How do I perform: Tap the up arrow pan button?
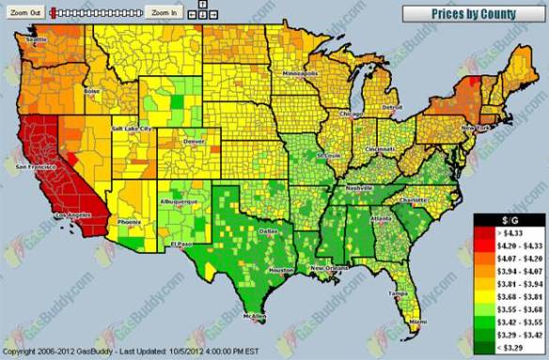[x=202, y=6]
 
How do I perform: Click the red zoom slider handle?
[x=55, y=12]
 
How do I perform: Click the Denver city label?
[x=195, y=142]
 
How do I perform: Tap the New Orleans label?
[x=333, y=268]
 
